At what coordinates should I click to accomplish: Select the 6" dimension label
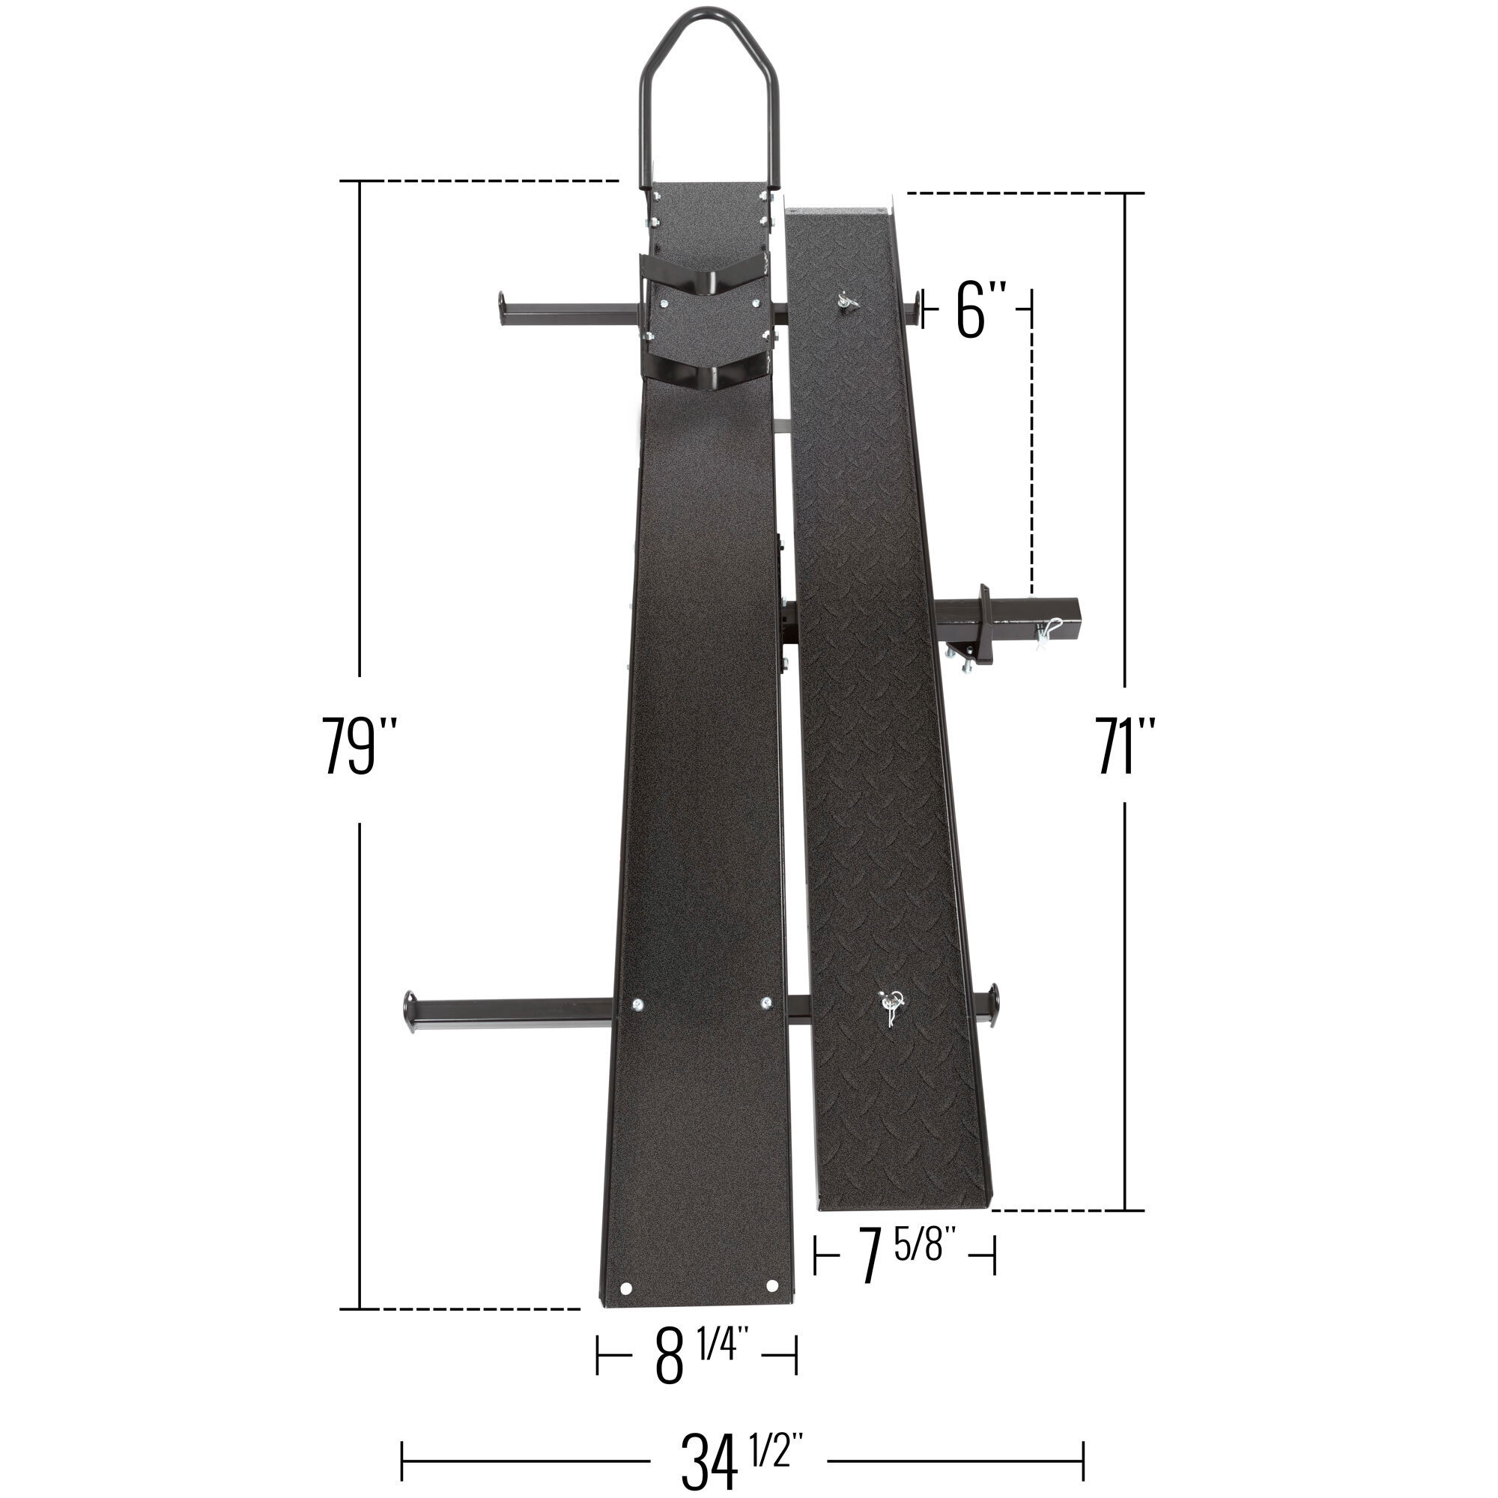click(x=982, y=310)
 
